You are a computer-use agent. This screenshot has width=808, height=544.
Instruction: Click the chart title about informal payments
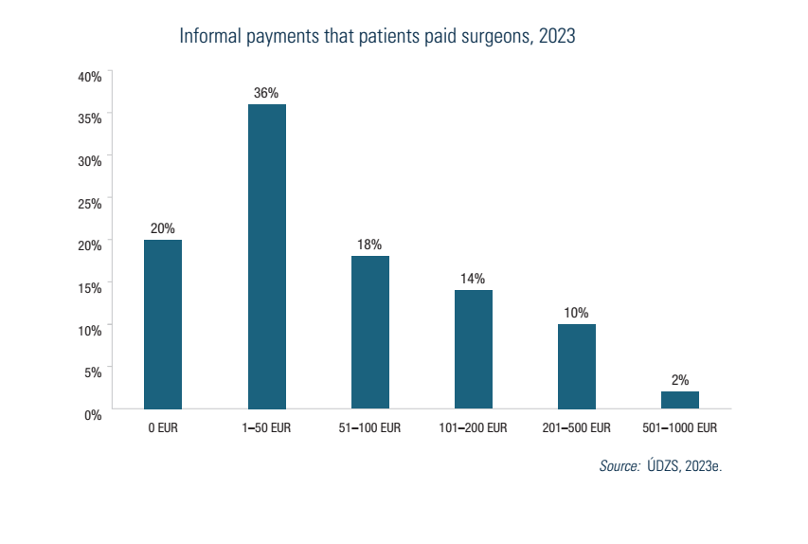coord(377,37)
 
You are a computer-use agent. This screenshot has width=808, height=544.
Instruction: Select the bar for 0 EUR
coord(163,324)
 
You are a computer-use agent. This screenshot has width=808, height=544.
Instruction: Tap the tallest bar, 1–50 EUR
coord(266,256)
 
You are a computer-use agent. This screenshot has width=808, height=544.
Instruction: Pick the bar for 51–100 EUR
coord(369,332)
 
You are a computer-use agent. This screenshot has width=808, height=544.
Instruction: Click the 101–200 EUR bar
coord(473,349)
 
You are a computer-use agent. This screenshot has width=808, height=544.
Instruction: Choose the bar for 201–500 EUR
coord(577,366)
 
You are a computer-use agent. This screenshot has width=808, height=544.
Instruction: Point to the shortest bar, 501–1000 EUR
coord(680,400)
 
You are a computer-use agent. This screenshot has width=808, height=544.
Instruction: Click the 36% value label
coord(266,93)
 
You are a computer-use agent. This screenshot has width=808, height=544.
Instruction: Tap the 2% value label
coord(680,380)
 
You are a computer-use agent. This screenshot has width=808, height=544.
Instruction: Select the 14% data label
coord(473,279)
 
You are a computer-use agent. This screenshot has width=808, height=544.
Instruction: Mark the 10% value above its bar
coord(577,313)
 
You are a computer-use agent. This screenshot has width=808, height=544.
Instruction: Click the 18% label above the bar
coord(369,245)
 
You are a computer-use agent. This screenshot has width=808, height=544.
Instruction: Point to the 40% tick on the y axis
coord(90,76)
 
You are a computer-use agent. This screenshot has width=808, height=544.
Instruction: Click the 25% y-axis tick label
coord(90,203)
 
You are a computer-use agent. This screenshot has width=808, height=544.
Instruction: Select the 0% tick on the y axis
coord(93,414)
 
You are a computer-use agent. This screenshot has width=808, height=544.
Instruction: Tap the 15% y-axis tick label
coord(90,287)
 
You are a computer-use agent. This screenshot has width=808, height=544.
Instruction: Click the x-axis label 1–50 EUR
coord(266,428)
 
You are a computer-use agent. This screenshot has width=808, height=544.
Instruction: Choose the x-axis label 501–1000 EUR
coord(680,428)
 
